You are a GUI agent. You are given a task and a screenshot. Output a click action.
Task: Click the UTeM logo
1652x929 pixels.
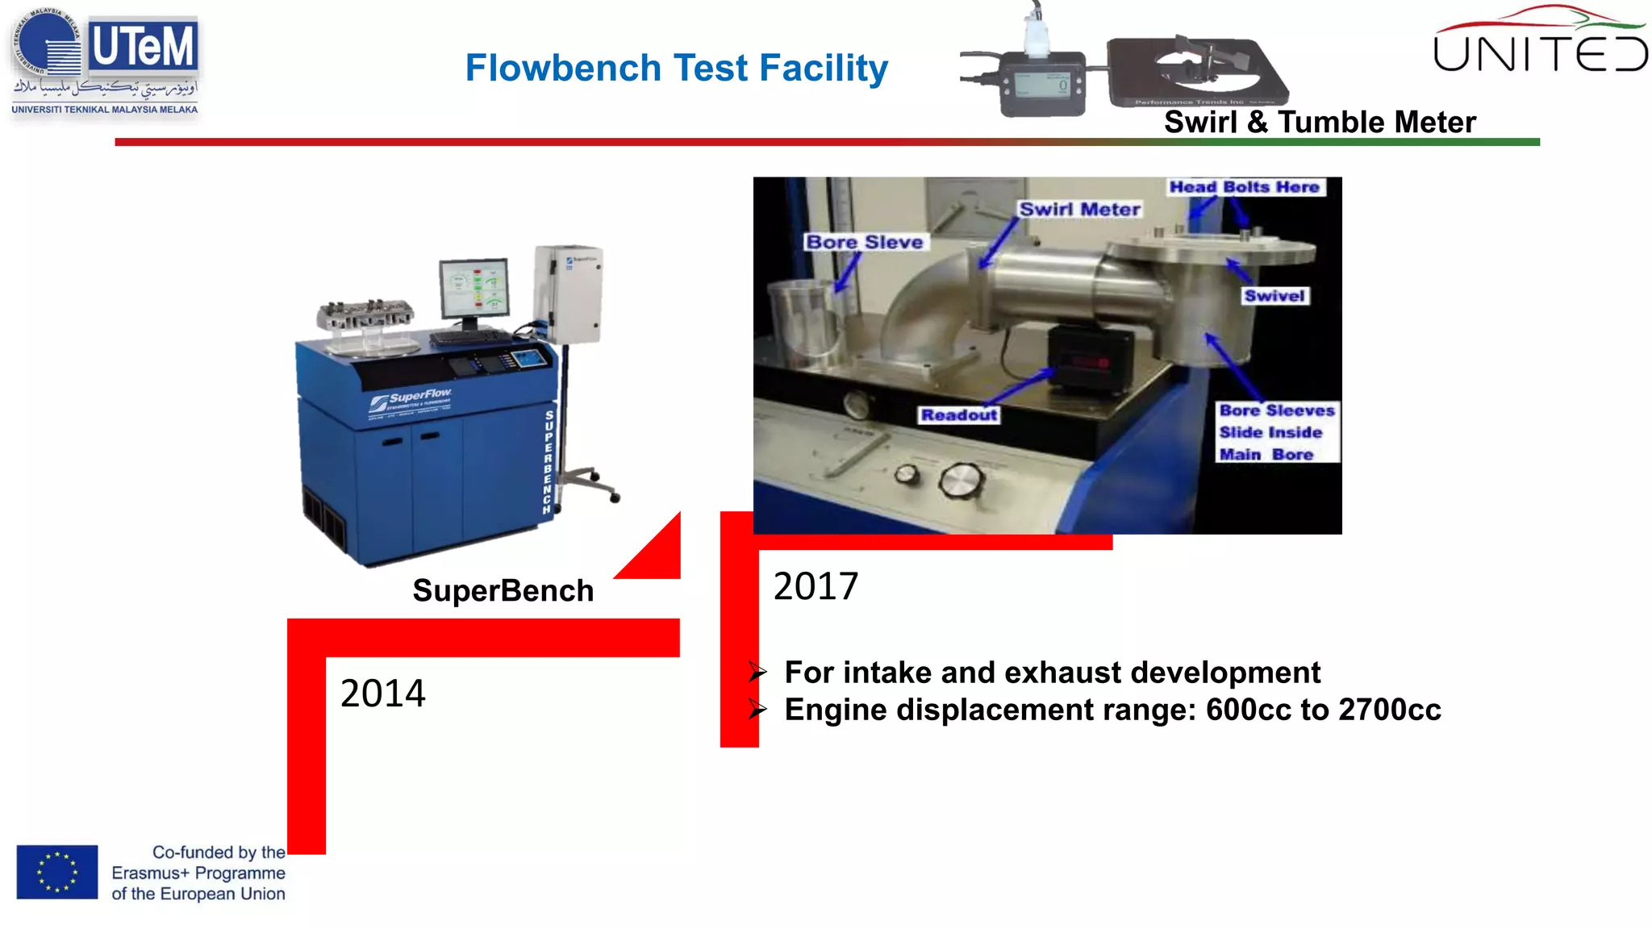(105, 63)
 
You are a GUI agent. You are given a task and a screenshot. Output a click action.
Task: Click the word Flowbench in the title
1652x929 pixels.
(563, 68)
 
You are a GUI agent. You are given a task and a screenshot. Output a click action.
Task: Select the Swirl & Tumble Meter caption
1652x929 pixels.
(1320, 123)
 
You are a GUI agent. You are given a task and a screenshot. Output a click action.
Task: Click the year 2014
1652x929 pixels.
(382, 694)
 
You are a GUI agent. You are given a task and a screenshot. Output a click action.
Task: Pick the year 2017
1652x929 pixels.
(816, 586)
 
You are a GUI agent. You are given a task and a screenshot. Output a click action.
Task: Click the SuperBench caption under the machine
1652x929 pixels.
(503, 591)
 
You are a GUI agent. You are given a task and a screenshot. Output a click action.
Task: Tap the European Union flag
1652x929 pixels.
(57, 872)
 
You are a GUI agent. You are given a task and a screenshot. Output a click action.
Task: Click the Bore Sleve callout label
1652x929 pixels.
(864, 242)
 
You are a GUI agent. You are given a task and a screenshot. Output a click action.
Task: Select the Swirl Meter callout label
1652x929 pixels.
(1079, 209)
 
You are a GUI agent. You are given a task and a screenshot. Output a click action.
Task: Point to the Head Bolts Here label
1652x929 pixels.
(1244, 187)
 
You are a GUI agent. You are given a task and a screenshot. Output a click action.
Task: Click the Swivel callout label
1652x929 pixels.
(1274, 296)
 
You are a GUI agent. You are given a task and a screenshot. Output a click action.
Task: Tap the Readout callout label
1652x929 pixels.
(959, 415)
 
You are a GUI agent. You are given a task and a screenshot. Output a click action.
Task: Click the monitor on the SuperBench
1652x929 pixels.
(474, 289)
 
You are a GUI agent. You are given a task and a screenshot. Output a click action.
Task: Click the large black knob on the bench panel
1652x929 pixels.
(960, 481)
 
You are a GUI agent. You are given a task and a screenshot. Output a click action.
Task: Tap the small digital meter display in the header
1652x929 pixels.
(1043, 83)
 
